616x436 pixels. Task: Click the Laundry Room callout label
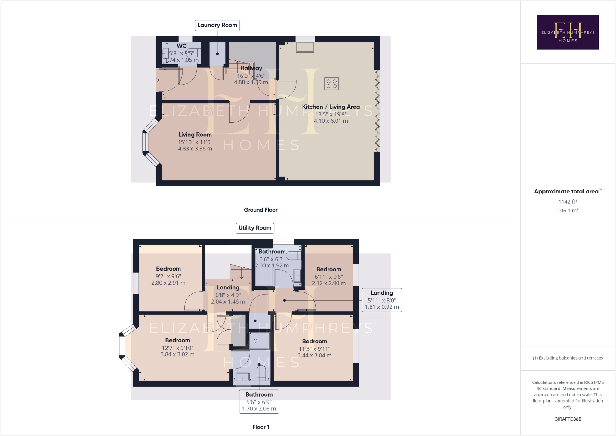[217, 25]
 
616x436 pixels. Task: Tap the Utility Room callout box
[255, 228]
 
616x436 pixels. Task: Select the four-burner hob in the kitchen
[331, 84]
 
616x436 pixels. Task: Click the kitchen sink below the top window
[305, 47]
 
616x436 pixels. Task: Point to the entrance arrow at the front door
[156, 80]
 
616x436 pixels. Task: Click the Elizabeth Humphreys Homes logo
[568, 32]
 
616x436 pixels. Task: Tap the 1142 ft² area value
[568, 202]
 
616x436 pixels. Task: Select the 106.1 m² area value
[568, 211]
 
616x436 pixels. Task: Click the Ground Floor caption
[260, 210]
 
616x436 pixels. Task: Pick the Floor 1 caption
[260, 427]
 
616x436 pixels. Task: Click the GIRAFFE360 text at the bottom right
[568, 419]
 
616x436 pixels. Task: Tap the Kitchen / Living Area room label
[331, 107]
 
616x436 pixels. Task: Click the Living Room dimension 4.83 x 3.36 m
[195, 149]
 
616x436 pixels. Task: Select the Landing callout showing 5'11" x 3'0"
[382, 300]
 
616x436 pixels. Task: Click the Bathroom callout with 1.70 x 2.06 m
[259, 402]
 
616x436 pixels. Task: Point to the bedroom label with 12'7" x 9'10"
[177, 340]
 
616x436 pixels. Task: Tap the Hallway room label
[251, 68]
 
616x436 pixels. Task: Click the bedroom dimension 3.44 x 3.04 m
[314, 355]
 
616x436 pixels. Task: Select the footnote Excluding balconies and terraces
[568, 358]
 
